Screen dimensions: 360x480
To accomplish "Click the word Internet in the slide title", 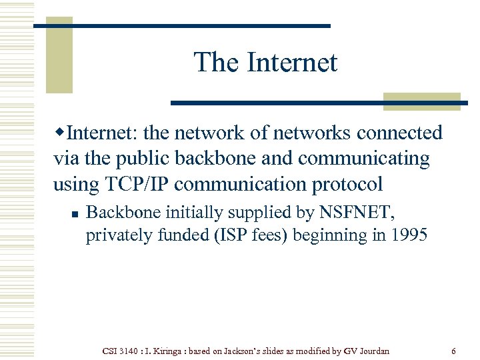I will click(x=293, y=63).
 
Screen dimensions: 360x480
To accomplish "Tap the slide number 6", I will click(x=453, y=351).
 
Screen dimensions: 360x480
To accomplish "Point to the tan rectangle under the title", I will click(x=422, y=101).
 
